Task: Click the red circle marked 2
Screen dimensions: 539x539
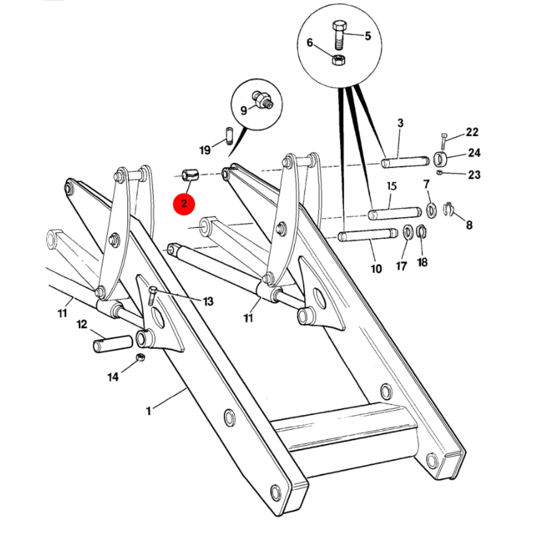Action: (184, 204)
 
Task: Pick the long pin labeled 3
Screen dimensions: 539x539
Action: (405, 162)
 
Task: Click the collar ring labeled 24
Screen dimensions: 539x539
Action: (440, 159)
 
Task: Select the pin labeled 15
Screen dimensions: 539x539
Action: (395, 213)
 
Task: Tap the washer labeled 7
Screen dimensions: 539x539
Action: (432, 210)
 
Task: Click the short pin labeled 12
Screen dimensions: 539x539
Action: (113, 344)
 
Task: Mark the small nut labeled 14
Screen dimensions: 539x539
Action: (140, 357)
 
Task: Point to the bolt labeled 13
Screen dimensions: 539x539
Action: (152, 296)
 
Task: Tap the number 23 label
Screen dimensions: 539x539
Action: (474, 175)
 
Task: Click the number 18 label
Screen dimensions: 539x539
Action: (422, 262)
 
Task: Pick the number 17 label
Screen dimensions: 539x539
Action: (401, 266)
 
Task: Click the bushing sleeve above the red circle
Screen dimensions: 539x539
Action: (190, 175)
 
